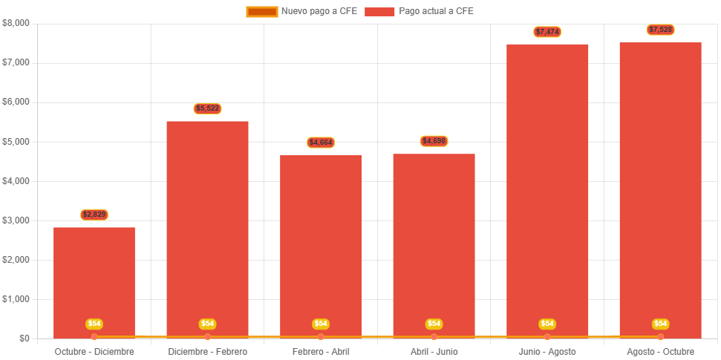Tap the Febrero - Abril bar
point(321,245)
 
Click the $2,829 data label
point(94,215)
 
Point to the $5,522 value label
point(207,108)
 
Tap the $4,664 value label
point(321,143)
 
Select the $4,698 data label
point(434,141)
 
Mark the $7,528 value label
point(660,30)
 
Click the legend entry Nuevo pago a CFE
point(301,11)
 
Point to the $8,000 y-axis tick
point(16,23)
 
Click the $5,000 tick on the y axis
point(16,141)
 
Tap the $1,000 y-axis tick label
point(16,299)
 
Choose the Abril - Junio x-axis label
point(434,351)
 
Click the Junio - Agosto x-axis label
point(547,351)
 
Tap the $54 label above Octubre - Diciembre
point(94,324)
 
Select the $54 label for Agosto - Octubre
point(660,324)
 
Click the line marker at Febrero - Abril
point(321,337)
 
